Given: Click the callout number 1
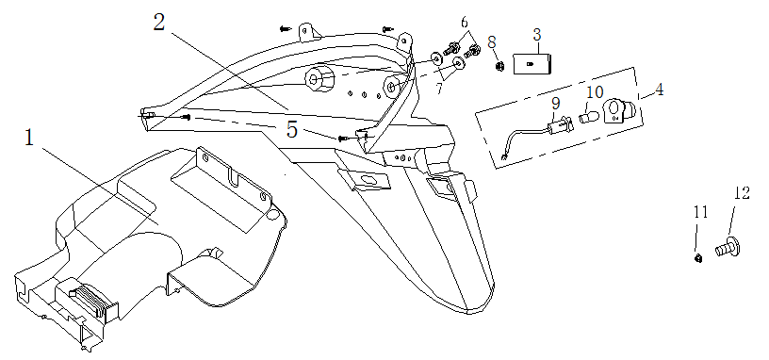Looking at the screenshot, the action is click(x=29, y=138).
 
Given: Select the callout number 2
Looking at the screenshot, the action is click(x=158, y=22).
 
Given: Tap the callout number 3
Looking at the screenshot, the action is click(x=537, y=35).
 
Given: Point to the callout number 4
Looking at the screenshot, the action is click(x=660, y=90).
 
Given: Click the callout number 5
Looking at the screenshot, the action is click(x=292, y=129).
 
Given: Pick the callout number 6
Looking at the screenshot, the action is click(x=465, y=23).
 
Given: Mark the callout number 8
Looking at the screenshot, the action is click(x=492, y=42).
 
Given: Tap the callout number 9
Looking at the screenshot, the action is click(x=556, y=104).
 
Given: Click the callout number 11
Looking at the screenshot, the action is click(x=701, y=212).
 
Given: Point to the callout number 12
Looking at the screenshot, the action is click(x=742, y=193).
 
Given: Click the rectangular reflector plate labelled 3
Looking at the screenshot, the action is click(x=532, y=64).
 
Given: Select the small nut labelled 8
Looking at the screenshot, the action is click(x=499, y=66).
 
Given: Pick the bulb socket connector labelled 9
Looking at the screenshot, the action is click(x=561, y=125).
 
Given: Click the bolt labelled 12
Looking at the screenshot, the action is click(x=728, y=247).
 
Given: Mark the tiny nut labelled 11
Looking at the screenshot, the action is click(x=698, y=258).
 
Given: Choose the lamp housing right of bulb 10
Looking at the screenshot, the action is click(x=619, y=111).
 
